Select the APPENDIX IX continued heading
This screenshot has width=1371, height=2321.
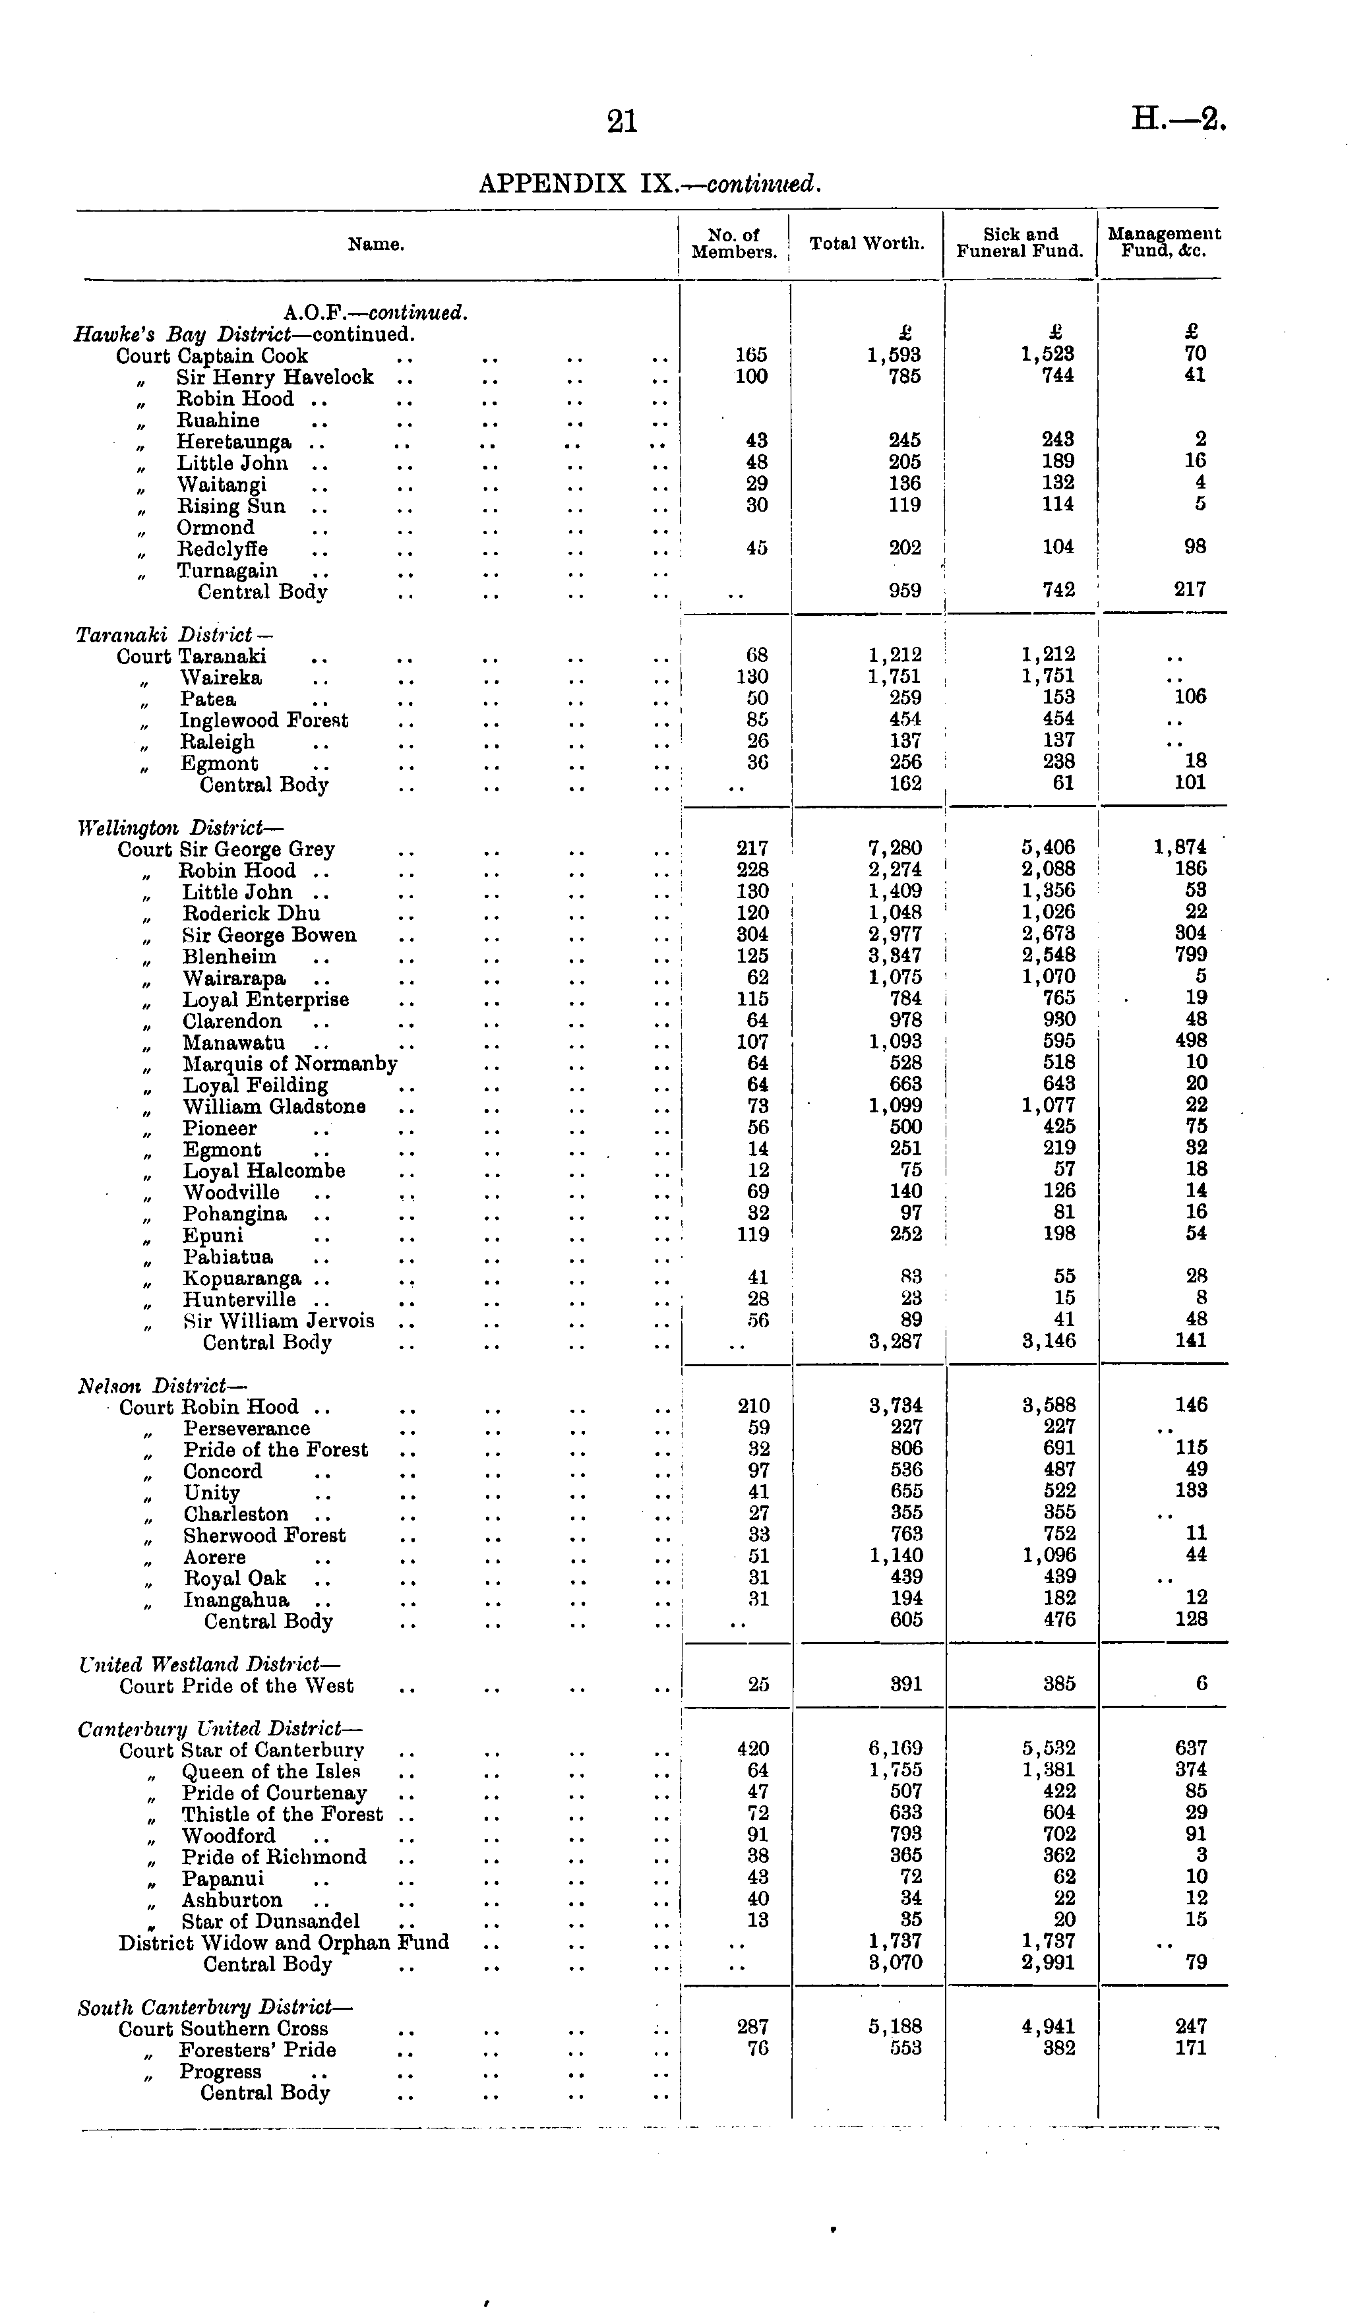(650, 184)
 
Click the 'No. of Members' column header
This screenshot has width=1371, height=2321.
(735, 244)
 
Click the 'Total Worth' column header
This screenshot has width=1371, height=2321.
(867, 244)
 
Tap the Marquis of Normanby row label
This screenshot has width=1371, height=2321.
(289, 1064)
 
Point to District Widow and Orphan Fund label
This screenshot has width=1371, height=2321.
(284, 1943)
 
